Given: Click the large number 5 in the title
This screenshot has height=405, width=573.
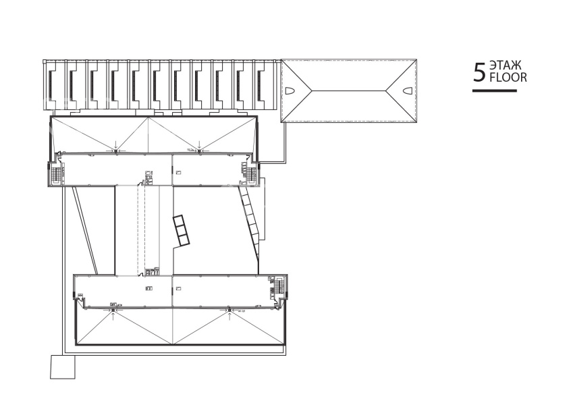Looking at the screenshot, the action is click(x=479, y=72).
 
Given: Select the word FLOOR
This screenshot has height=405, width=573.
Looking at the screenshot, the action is click(x=508, y=78).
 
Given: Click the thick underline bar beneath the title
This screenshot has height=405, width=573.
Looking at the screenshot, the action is click(x=495, y=90).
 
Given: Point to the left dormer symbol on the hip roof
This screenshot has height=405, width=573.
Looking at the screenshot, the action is click(x=290, y=90).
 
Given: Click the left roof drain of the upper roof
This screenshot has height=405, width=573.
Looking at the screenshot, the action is click(x=115, y=151).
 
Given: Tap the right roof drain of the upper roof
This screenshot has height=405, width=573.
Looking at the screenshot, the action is click(x=199, y=151).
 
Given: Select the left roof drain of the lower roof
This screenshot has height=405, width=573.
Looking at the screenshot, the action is click(x=113, y=310).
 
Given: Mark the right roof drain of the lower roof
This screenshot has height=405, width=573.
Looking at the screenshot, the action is click(x=229, y=310).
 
